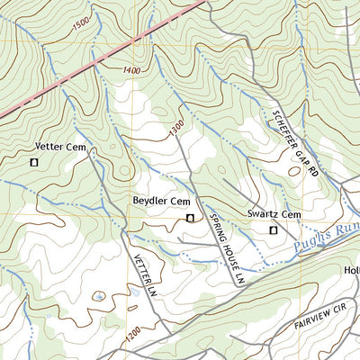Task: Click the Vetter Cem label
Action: coord(59,146)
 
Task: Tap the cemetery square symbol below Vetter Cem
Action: coord(34,163)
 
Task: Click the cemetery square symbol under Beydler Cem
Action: coord(190,218)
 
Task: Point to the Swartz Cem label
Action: coord(274,214)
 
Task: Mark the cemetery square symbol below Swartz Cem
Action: coord(274,230)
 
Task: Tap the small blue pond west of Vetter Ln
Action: coord(97,296)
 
